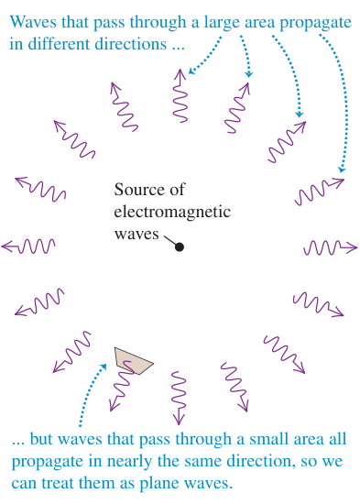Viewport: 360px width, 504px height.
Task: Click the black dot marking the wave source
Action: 180,247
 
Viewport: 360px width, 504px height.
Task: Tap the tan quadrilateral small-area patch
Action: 133,361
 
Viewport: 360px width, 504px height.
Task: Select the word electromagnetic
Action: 172,212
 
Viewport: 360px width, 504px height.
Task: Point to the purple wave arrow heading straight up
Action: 180,96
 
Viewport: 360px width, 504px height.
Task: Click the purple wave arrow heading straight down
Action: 179,398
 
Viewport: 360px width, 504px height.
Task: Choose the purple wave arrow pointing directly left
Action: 28,247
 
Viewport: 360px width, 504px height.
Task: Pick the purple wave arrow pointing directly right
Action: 331,247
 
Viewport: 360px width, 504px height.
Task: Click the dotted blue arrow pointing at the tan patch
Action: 90,393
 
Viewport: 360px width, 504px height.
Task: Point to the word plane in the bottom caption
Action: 160,484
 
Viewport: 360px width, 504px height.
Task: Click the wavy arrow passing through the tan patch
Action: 121,386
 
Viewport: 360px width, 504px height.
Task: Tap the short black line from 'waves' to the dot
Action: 170,241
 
